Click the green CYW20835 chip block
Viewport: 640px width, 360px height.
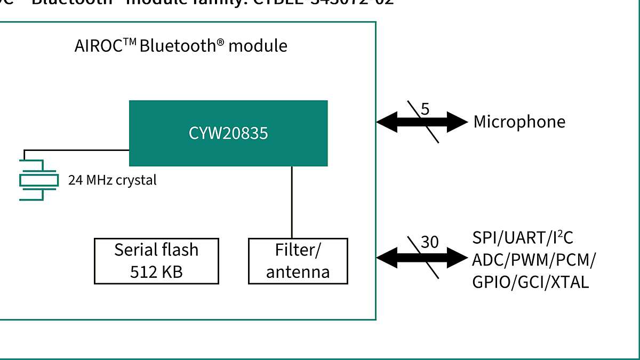(x=228, y=133)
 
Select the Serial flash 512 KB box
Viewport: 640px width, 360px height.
(x=156, y=261)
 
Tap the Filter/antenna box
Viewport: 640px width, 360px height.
(x=298, y=261)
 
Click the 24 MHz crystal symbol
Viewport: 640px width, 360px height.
(x=38, y=180)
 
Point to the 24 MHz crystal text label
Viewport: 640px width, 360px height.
(x=113, y=180)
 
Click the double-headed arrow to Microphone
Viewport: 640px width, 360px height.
(x=421, y=122)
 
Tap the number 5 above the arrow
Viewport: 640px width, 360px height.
(x=425, y=109)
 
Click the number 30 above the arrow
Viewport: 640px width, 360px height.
(x=429, y=243)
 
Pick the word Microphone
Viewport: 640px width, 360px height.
(x=519, y=122)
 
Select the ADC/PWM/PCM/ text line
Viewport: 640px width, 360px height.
(x=534, y=260)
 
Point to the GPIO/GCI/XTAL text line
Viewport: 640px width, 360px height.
(x=530, y=282)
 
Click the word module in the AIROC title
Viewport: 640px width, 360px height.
(x=258, y=46)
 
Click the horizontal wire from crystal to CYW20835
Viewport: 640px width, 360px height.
(x=75, y=150)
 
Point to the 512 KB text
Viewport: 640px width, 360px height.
(x=156, y=271)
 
